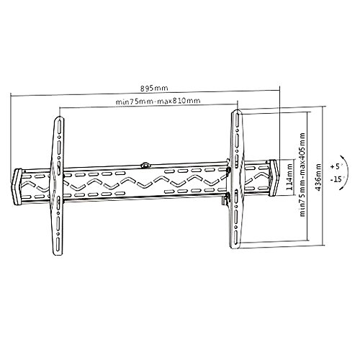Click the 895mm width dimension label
(154, 88)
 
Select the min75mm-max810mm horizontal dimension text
(158, 101)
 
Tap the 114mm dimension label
(289, 177)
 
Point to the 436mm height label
(318, 177)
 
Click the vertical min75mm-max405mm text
(302, 175)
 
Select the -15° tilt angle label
(337, 179)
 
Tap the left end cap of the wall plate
(17, 186)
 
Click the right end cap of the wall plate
(274, 178)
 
